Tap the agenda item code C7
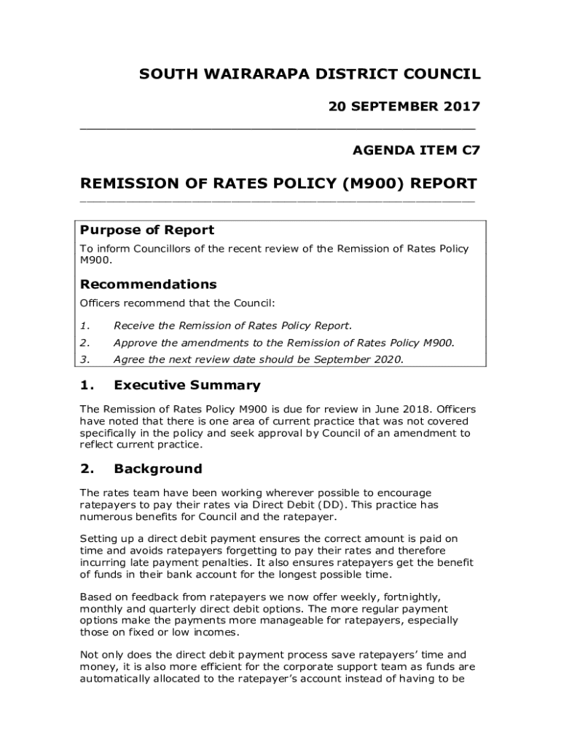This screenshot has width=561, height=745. [471, 151]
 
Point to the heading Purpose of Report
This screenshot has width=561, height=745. [147, 230]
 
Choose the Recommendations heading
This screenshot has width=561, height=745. [148, 284]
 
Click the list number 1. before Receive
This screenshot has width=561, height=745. [85, 325]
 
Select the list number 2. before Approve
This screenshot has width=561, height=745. [85, 343]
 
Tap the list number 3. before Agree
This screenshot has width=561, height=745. [85, 359]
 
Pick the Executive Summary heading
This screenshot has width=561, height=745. [187, 386]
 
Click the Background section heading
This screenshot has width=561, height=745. [157, 469]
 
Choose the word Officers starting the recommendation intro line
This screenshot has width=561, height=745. [100, 303]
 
